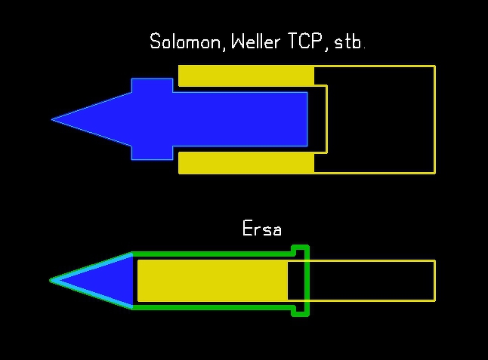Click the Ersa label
tap(261, 228)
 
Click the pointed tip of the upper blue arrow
tap(54, 119)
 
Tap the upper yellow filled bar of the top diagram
tap(246, 75)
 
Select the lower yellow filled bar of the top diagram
tap(246, 162)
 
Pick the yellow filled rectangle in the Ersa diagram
tap(212, 280)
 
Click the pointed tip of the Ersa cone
tap(53, 280)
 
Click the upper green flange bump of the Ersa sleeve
tap(301, 248)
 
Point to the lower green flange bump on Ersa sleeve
tap(301, 312)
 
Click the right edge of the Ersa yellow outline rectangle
tap(435, 280)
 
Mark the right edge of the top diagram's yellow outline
tap(435, 119)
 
